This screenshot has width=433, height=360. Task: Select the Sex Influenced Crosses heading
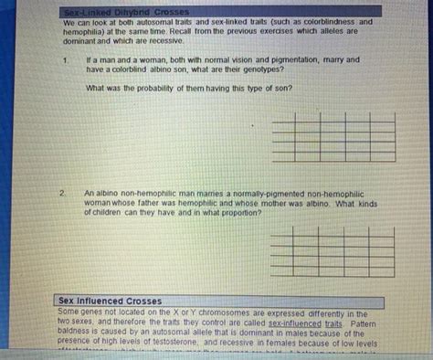tap(110, 301)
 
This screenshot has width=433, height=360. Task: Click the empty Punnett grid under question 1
tap(333, 136)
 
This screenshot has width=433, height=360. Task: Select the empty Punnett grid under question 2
tap(333, 251)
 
